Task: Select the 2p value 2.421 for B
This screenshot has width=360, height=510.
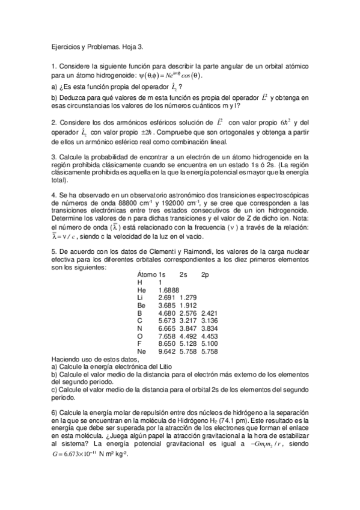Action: coord(209,313)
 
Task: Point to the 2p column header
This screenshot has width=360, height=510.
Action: coord(205,274)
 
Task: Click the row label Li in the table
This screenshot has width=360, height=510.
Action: coord(141,297)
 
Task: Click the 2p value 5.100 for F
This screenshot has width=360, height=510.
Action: coord(209,343)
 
